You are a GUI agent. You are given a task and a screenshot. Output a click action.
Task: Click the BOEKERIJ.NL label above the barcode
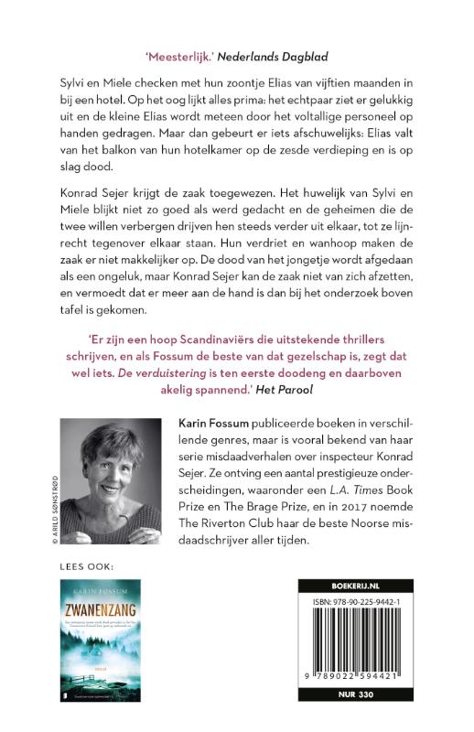(x=358, y=582)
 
